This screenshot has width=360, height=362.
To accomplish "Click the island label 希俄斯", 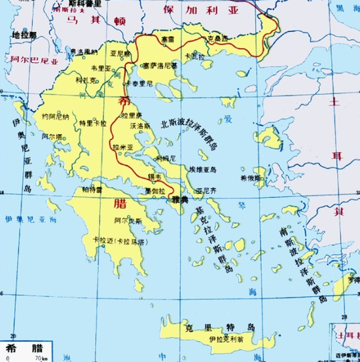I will [x=251, y=177].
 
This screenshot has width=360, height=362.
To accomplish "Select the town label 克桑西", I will [x=217, y=39].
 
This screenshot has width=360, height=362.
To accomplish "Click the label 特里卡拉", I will [x=91, y=122].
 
